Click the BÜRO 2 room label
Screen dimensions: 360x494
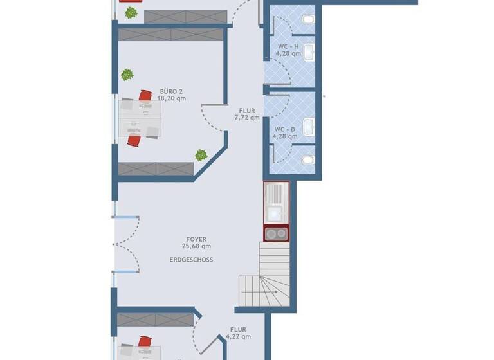[172, 91]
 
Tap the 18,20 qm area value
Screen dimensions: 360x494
[172, 99]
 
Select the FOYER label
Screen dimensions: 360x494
[196, 239]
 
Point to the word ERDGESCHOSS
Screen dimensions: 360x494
[191, 260]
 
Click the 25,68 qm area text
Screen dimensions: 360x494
[196, 246]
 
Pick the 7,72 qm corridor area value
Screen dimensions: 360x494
[247, 118]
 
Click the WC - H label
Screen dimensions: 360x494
[288, 47]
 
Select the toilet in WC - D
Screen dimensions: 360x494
[308, 157]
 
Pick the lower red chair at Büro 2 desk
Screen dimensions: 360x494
[134, 140]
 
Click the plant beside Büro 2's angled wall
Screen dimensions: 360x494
[201, 155]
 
